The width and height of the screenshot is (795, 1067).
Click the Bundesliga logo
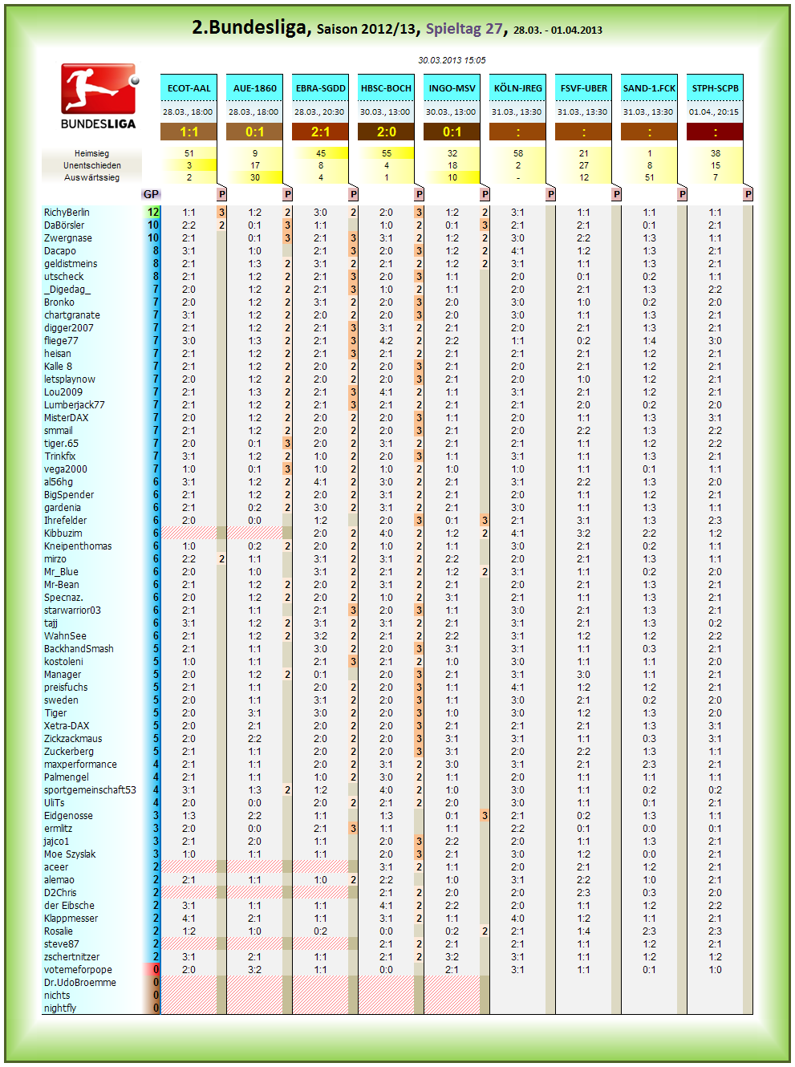click(x=99, y=96)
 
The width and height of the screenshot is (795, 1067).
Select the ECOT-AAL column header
click(x=189, y=88)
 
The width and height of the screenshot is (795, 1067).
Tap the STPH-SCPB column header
click(x=715, y=88)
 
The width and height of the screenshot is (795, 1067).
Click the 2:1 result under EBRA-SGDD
click(x=320, y=132)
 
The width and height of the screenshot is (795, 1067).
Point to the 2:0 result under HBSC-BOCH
click(x=386, y=132)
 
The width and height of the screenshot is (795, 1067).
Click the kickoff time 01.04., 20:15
click(x=714, y=112)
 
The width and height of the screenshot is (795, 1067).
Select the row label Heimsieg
click(x=91, y=153)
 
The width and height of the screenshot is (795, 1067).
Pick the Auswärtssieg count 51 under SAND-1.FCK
click(x=649, y=177)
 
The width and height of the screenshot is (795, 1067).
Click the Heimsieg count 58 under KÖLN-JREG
click(x=517, y=153)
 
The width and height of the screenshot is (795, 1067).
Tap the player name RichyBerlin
click(x=67, y=212)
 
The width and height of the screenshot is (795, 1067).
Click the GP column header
click(x=151, y=194)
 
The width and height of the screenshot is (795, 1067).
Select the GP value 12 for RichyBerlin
click(x=153, y=212)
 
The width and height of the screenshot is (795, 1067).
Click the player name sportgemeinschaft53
click(x=90, y=790)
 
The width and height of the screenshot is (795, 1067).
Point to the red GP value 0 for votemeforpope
click(x=156, y=969)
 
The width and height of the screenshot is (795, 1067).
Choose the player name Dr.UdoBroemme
click(x=80, y=982)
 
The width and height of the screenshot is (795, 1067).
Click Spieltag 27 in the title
click(x=464, y=29)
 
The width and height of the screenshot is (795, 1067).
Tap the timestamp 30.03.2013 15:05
click(x=452, y=60)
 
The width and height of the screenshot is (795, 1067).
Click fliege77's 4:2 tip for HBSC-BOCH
click(x=386, y=341)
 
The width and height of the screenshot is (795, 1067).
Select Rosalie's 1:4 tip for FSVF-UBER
click(x=583, y=931)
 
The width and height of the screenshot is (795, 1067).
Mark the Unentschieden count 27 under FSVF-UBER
click(x=583, y=165)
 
